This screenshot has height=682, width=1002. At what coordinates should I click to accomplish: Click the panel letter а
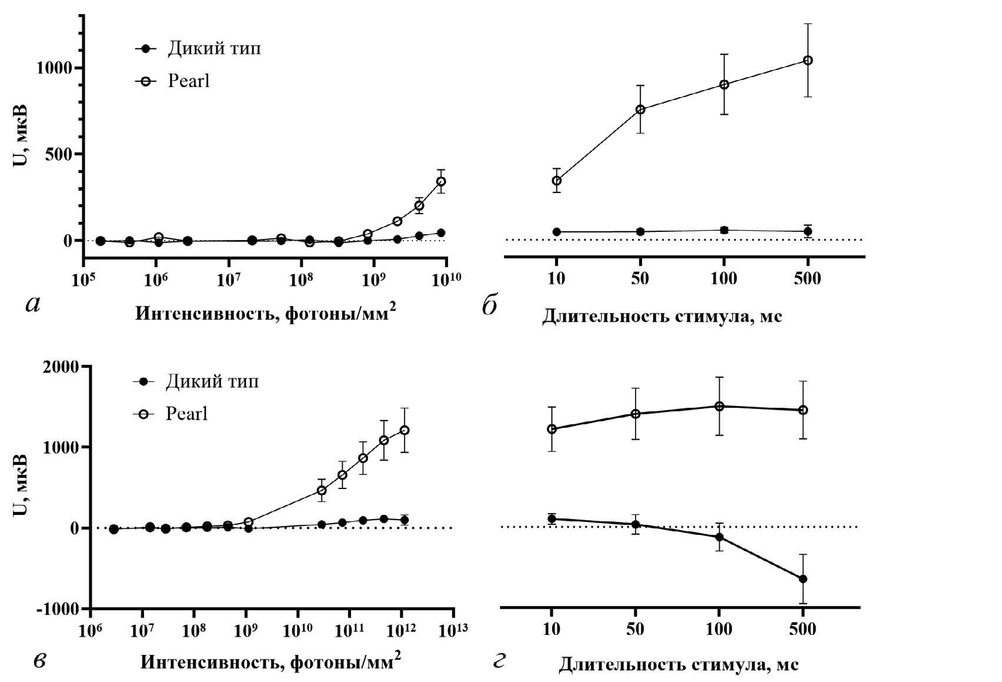coord(33,304)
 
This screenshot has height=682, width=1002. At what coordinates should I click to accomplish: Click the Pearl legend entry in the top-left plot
coord(188,81)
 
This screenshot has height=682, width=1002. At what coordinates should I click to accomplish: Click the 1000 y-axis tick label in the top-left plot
coord(56,68)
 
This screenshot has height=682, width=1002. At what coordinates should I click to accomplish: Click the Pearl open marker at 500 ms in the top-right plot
coord(807,60)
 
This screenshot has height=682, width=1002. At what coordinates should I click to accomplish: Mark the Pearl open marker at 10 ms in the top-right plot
coord(556,181)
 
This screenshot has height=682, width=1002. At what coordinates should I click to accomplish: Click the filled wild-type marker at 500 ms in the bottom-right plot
coord(803,579)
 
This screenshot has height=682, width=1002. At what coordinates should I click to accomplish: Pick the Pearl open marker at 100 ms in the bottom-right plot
coord(719,406)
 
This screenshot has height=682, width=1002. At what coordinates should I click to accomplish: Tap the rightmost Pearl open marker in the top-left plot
coord(441,181)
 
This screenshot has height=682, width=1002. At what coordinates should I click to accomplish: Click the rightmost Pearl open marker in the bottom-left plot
coord(404,430)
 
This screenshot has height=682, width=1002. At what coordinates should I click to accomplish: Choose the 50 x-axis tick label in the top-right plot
coord(640,278)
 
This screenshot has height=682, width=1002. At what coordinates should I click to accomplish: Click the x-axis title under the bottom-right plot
coord(678,664)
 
